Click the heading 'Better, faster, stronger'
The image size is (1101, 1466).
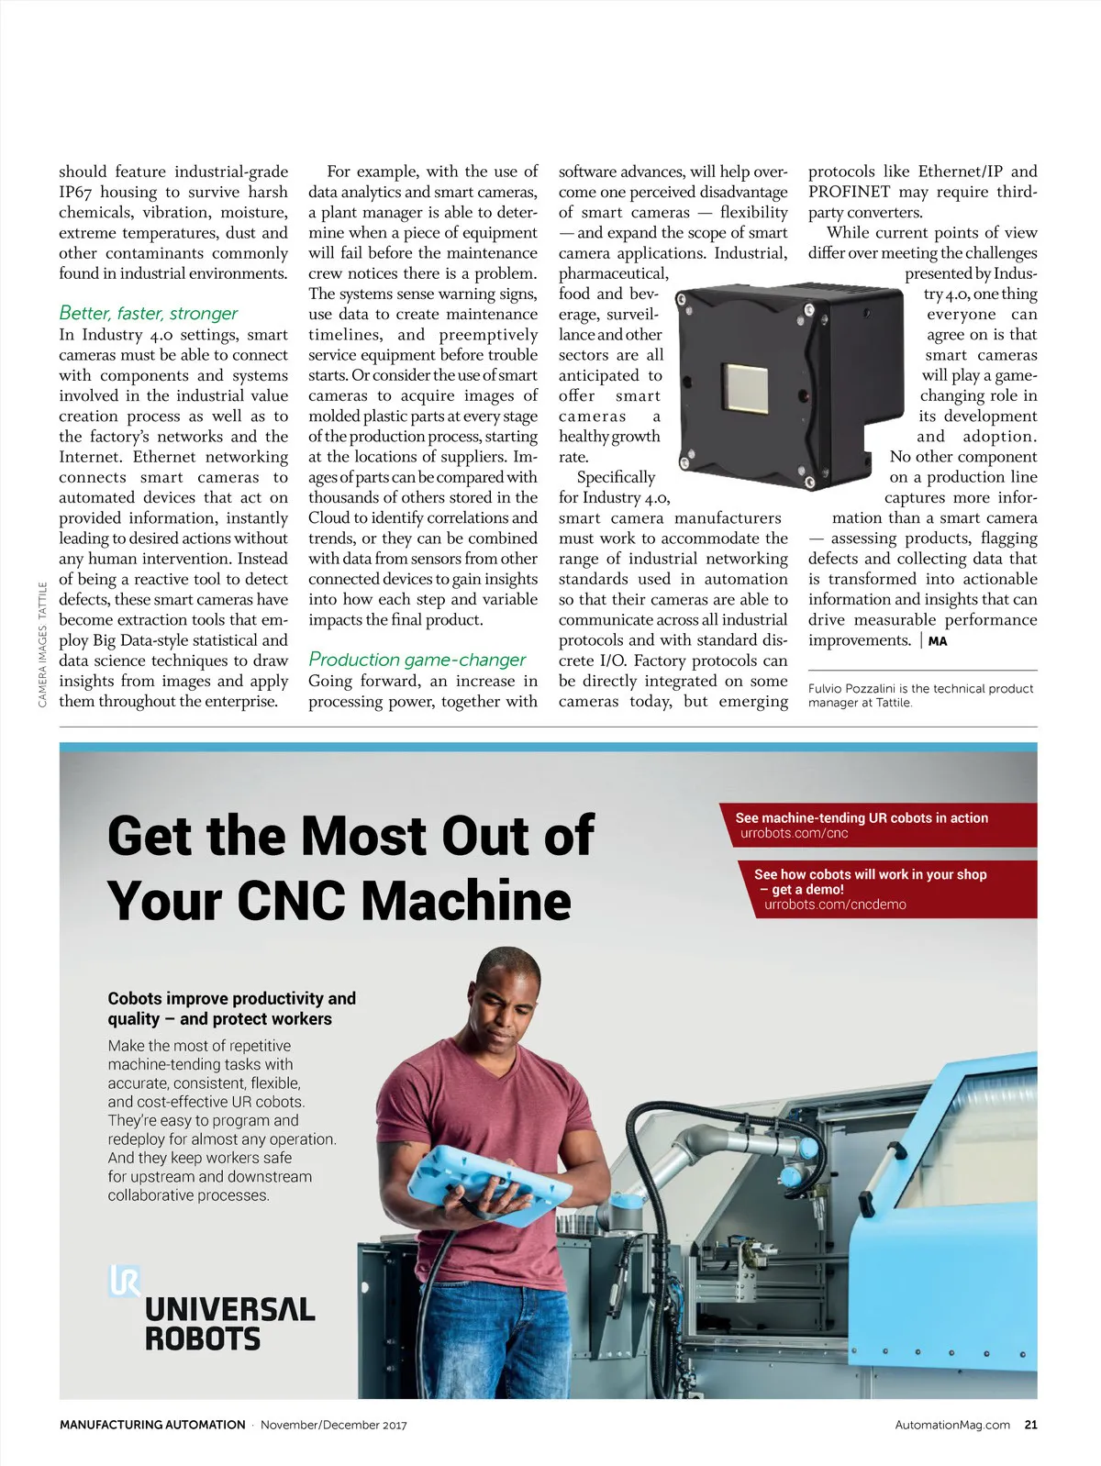click(148, 314)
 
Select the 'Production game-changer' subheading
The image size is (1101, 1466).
click(417, 660)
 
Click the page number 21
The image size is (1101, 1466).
click(1030, 1425)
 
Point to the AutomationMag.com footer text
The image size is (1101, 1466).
click(951, 1425)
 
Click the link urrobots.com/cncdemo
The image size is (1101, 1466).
click(835, 905)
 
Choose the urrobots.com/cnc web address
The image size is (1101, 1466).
click(794, 833)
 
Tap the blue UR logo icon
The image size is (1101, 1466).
click(124, 1280)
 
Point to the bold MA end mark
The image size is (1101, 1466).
click(937, 641)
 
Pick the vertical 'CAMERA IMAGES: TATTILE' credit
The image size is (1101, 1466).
click(42, 645)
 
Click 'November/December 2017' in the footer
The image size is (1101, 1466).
click(333, 1425)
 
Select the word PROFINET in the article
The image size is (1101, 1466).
click(849, 192)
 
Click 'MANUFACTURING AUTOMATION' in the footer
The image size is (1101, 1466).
click(152, 1425)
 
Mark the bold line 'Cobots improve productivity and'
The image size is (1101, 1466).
click(231, 998)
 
